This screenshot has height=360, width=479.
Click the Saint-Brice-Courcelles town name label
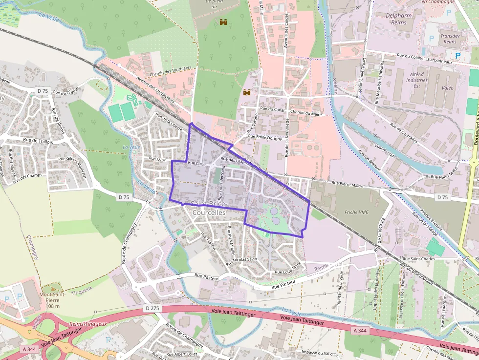(209, 209)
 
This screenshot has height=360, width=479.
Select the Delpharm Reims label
(399, 19)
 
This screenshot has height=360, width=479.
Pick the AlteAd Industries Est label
(416, 80)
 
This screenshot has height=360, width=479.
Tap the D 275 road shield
(152, 308)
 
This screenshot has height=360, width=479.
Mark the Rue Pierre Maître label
(348, 183)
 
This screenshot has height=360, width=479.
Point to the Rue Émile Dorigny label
(265, 138)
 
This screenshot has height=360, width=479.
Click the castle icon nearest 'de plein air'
(224, 22)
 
